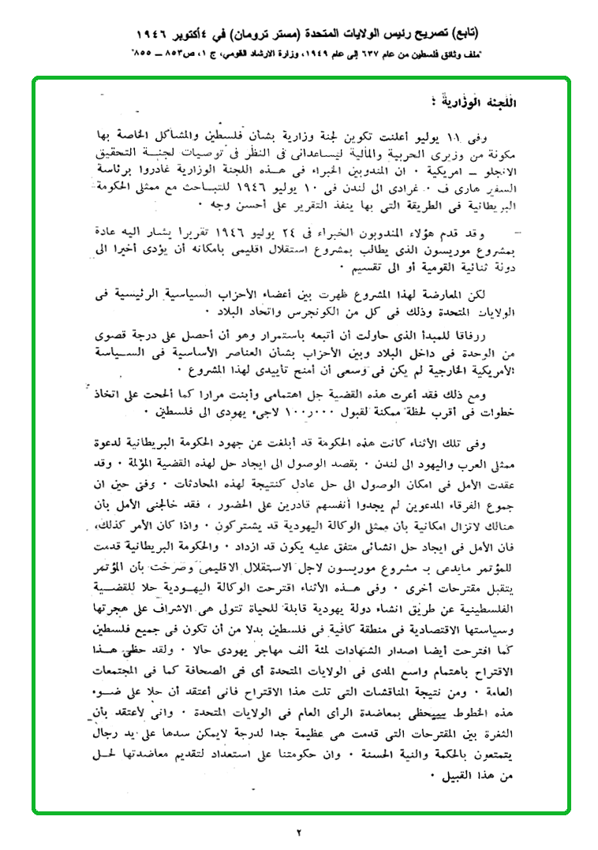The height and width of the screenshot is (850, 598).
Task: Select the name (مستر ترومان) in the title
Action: click(x=260, y=35)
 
